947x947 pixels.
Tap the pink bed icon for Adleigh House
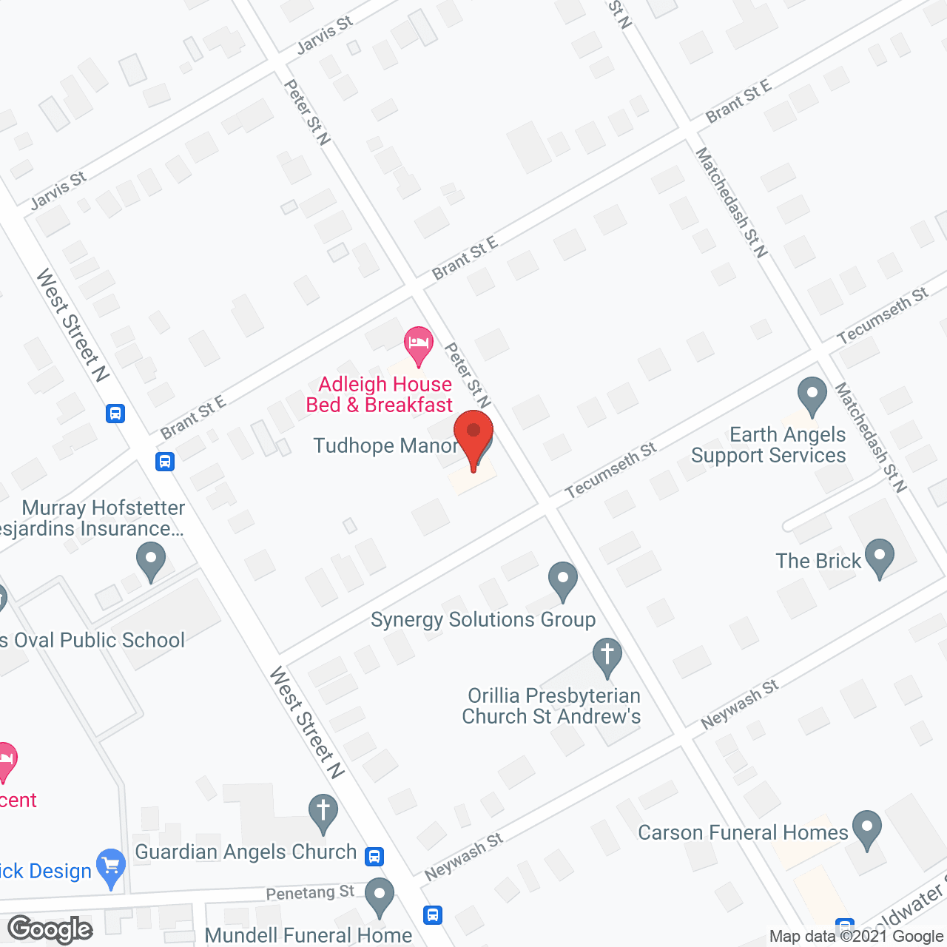click(x=419, y=345)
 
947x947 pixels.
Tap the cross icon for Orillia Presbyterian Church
click(x=607, y=656)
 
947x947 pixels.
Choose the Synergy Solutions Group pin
click(x=563, y=580)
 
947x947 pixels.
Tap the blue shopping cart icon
click(x=111, y=866)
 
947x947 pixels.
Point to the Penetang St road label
click(x=310, y=892)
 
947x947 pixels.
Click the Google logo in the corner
click(x=50, y=929)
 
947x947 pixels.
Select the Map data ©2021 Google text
click(x=856, y=937)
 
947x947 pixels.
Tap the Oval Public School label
click(x=93, y=640)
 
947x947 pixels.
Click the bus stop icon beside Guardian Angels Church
click(x=375, y=857)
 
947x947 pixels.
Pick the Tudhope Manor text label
click(x=385, y=445)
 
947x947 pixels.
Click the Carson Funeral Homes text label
click(x=743, y=832)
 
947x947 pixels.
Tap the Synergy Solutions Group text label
click(x=483, y=619)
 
